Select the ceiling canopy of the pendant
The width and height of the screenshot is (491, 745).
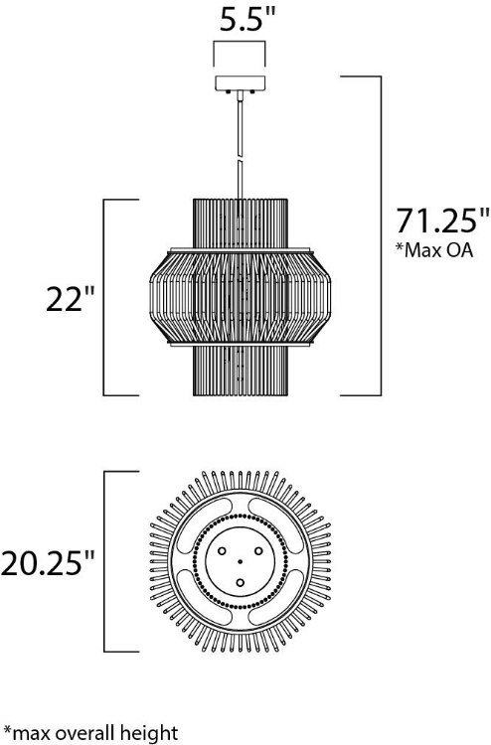click(x=242, y=84)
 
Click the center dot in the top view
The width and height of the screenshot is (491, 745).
click(x=242, y=562)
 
